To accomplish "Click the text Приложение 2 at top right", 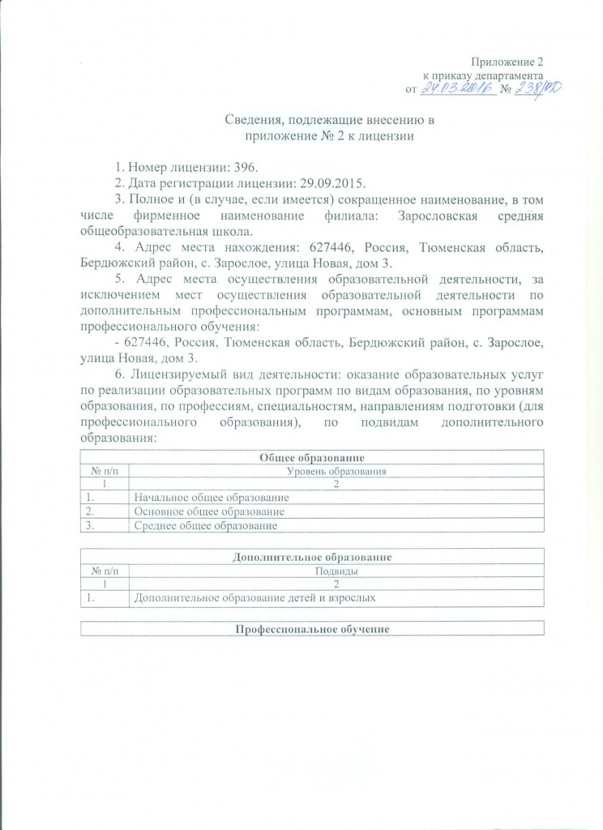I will pos(506,63).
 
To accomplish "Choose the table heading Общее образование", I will pos(310,458).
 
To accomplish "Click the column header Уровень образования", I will pos(336,471).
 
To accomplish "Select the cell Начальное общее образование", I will pos(211,498).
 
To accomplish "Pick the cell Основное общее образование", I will pos(208,511).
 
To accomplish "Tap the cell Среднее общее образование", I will pos(205,525).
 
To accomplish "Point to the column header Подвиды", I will pos(336,571).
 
